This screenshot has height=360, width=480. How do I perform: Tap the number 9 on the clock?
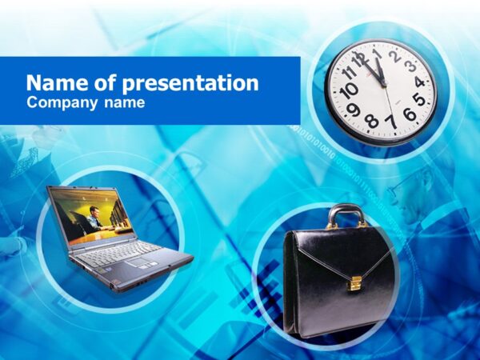tap(353, 109)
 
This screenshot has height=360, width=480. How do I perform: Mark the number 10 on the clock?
tap(348, 90)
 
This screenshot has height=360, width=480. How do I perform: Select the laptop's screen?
tap(90, 214)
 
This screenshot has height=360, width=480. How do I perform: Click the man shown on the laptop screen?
tap(94, 217)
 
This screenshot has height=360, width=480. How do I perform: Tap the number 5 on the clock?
tap(419, 101)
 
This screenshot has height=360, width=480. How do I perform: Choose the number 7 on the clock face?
tap(390, 122)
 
